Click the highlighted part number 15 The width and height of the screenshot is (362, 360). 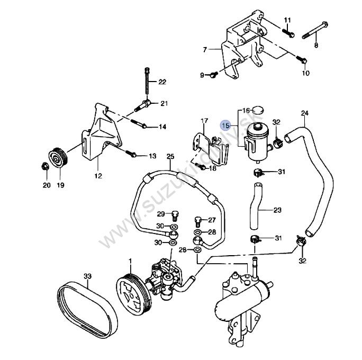225,125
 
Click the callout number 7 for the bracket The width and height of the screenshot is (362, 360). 204,51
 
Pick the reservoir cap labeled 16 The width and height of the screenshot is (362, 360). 258,110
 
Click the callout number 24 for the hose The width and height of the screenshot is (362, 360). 304,113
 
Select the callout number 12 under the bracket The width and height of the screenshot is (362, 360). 98,175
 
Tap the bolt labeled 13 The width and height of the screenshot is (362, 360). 132,155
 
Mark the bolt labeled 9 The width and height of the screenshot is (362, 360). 212,75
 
